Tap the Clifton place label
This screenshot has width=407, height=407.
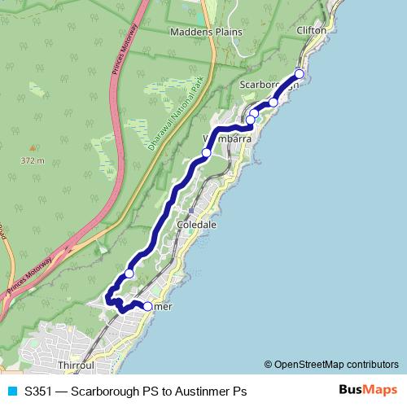click(312, 30)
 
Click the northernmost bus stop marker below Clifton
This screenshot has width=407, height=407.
click(299, 74)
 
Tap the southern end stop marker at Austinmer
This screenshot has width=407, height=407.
click(147, 307)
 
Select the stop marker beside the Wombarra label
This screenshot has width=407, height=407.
click(207, 153)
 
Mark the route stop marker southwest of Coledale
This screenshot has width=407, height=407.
click(129, 274)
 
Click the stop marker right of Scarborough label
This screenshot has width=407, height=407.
click(274, 103)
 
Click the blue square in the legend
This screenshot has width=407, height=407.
click(11, 392)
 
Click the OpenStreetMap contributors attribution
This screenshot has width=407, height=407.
click(330, 365)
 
